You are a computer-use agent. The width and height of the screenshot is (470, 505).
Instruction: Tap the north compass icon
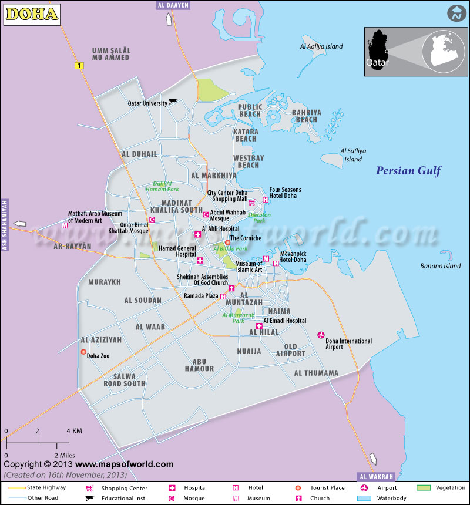click(x=456, y=14)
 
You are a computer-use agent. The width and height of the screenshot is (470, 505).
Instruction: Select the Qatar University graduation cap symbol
click(x=173, y=102)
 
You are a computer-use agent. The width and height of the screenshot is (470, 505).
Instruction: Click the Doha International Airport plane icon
click(x=321, y=335)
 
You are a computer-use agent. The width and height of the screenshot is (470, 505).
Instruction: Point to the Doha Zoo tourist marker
click(x=83, y=352)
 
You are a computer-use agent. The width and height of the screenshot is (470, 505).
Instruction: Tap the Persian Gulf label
click(x=408, y=171)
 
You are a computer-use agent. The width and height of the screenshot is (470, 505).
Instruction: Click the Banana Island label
click(x=440, y=266)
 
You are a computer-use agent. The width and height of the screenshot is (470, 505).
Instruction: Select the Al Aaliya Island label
click(x=321, y=46)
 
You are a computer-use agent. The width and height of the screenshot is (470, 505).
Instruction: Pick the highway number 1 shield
click(x=78, y=66)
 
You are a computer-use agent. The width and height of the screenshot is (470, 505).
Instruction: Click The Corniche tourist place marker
click(x=227, y=243)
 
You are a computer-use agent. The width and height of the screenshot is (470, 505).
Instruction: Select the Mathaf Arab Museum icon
click(x=65, y=225)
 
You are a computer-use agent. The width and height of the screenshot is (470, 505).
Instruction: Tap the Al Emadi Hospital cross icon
click(x=258, y=326)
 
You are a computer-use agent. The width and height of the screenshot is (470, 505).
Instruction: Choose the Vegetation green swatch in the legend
click(x=424, y=487)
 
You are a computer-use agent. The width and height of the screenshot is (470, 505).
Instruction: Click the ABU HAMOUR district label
click(x=199, y=365)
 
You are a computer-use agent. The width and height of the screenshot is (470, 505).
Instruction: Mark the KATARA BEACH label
click(x=245, y=135)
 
